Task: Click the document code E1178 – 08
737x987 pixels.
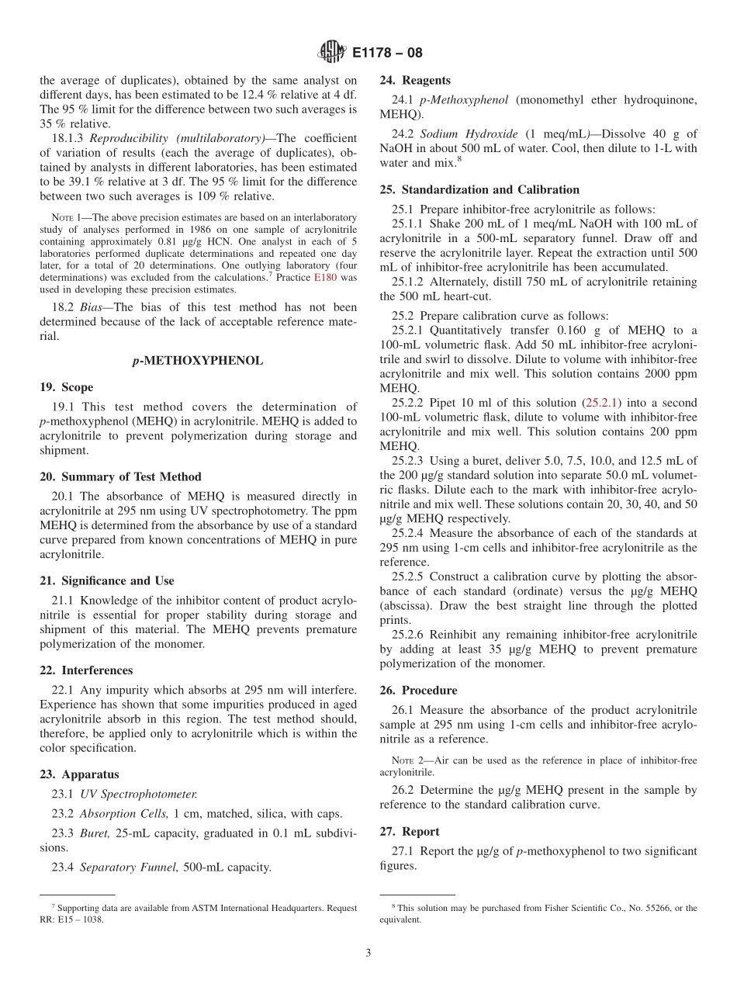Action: coord(387,53)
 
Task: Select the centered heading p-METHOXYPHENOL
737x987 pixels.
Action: coord(198,360)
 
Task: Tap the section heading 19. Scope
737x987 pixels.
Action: coord(66,387)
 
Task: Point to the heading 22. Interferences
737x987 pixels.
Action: coord(86,670)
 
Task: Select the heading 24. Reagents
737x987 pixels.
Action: coord(415,80)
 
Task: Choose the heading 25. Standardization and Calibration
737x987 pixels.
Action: coord(479,189)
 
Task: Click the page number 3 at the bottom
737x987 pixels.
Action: coord(368,953)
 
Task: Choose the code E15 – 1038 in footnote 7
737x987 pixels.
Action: coord(78,919)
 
